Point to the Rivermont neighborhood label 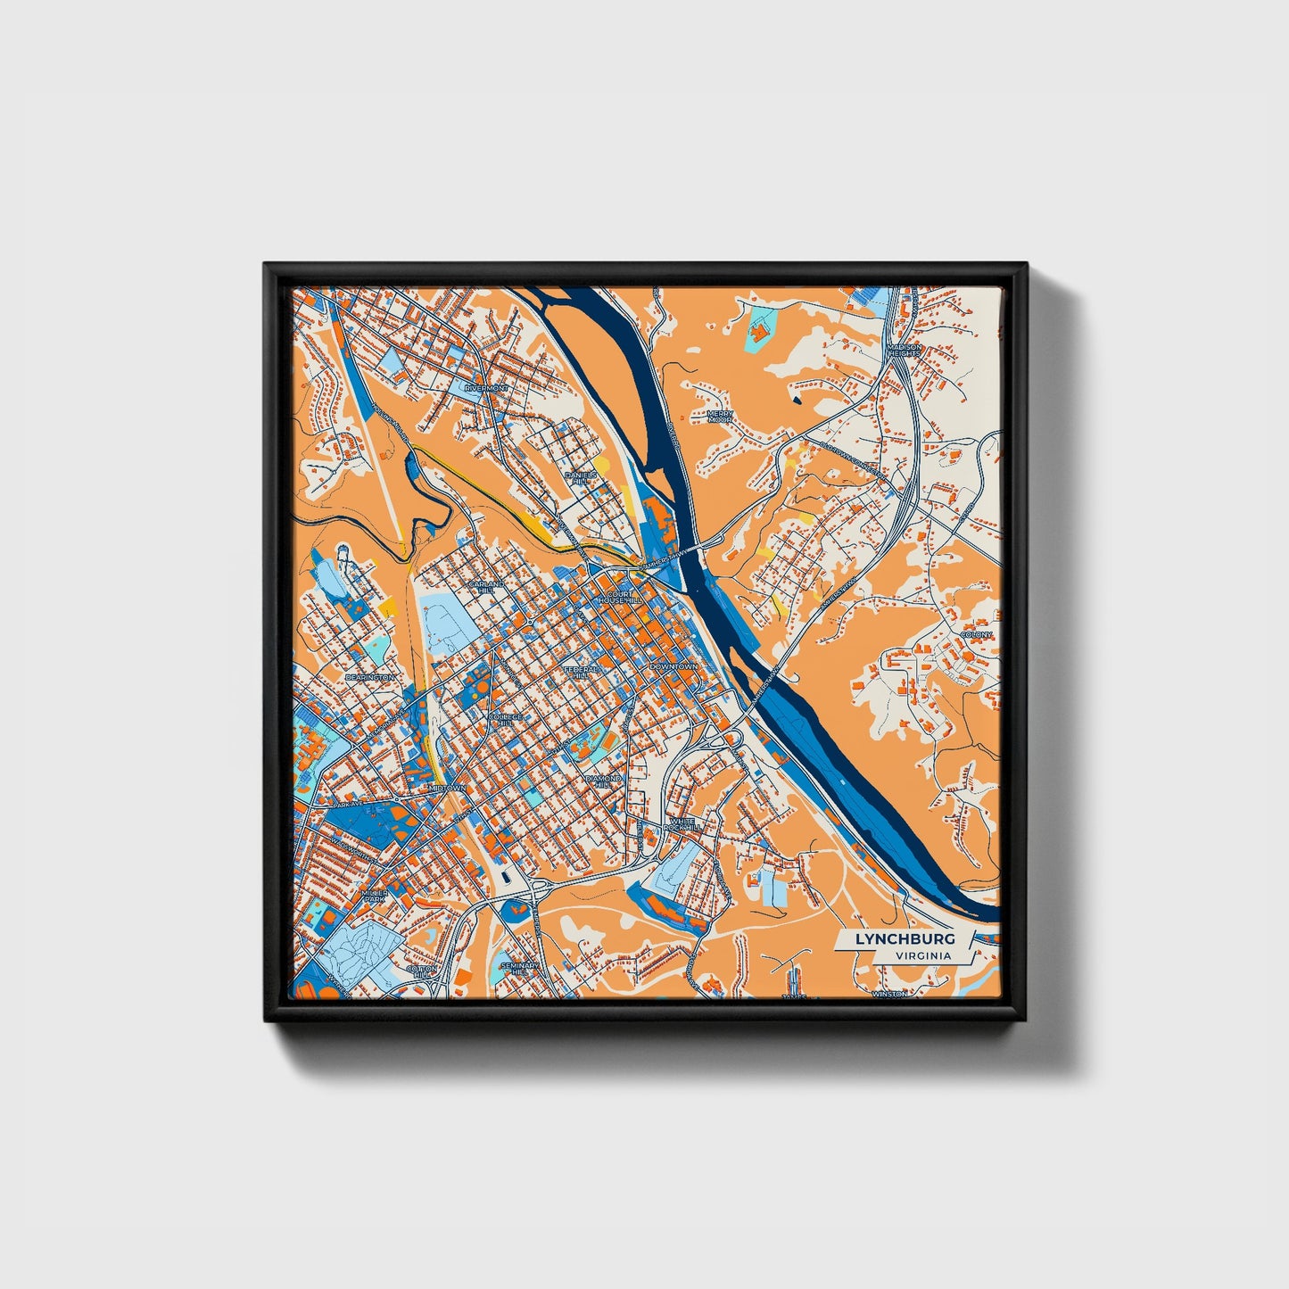coord(486,389)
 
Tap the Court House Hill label coord(623,597)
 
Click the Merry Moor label coord(720,417)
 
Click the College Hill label coord(505,720)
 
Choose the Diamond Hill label coord(603,782)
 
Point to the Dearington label coord(369,678)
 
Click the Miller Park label coord(375,896)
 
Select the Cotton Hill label coord(422,971)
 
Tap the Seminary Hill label coord(520,969)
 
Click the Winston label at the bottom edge coord(889,994)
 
